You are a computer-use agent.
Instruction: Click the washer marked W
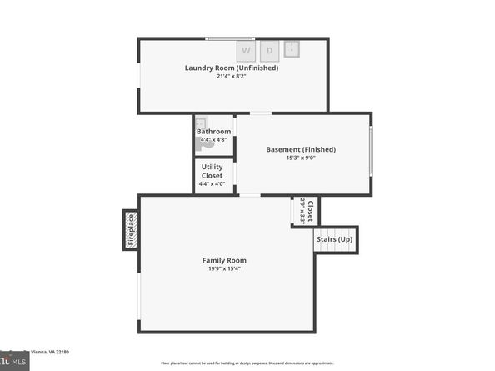[246, 51]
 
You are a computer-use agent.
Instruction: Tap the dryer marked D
[269, 51]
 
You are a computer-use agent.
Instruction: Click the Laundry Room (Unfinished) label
[232, 68]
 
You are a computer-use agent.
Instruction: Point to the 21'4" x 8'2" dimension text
[232, 77]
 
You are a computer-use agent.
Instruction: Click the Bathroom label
[213, 132]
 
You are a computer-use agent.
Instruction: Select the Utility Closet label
[212, 171]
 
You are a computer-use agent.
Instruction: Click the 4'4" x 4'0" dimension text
[212, 183]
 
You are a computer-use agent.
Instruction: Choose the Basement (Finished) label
[301, 149]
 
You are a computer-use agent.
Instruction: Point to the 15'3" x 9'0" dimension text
[301, 158]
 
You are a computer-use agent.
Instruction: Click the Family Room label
[225, 260]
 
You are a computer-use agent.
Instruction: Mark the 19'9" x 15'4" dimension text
[225, 269]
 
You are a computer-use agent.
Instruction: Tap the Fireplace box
[131, 229]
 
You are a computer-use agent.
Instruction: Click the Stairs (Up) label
[336, 240]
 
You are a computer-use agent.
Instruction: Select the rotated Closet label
[310, 210]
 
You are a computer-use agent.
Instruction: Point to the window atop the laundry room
[231, 38]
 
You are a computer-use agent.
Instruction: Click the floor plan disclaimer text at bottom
[247, 363]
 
